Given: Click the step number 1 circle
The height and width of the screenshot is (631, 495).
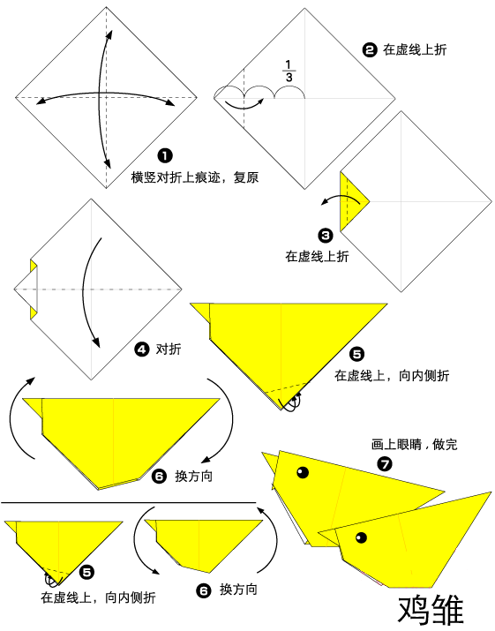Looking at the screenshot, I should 163,156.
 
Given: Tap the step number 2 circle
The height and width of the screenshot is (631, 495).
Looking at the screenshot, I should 370,50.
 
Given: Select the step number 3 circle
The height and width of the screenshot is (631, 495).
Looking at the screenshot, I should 326,236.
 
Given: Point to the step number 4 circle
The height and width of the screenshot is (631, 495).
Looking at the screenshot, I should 141,349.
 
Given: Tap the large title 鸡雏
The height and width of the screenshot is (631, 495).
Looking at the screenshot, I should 431,609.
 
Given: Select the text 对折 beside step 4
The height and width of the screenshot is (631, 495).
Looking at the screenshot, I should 169,349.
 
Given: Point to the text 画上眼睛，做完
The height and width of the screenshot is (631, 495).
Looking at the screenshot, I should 415,446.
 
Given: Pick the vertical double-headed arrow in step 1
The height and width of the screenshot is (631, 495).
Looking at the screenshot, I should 108,97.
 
